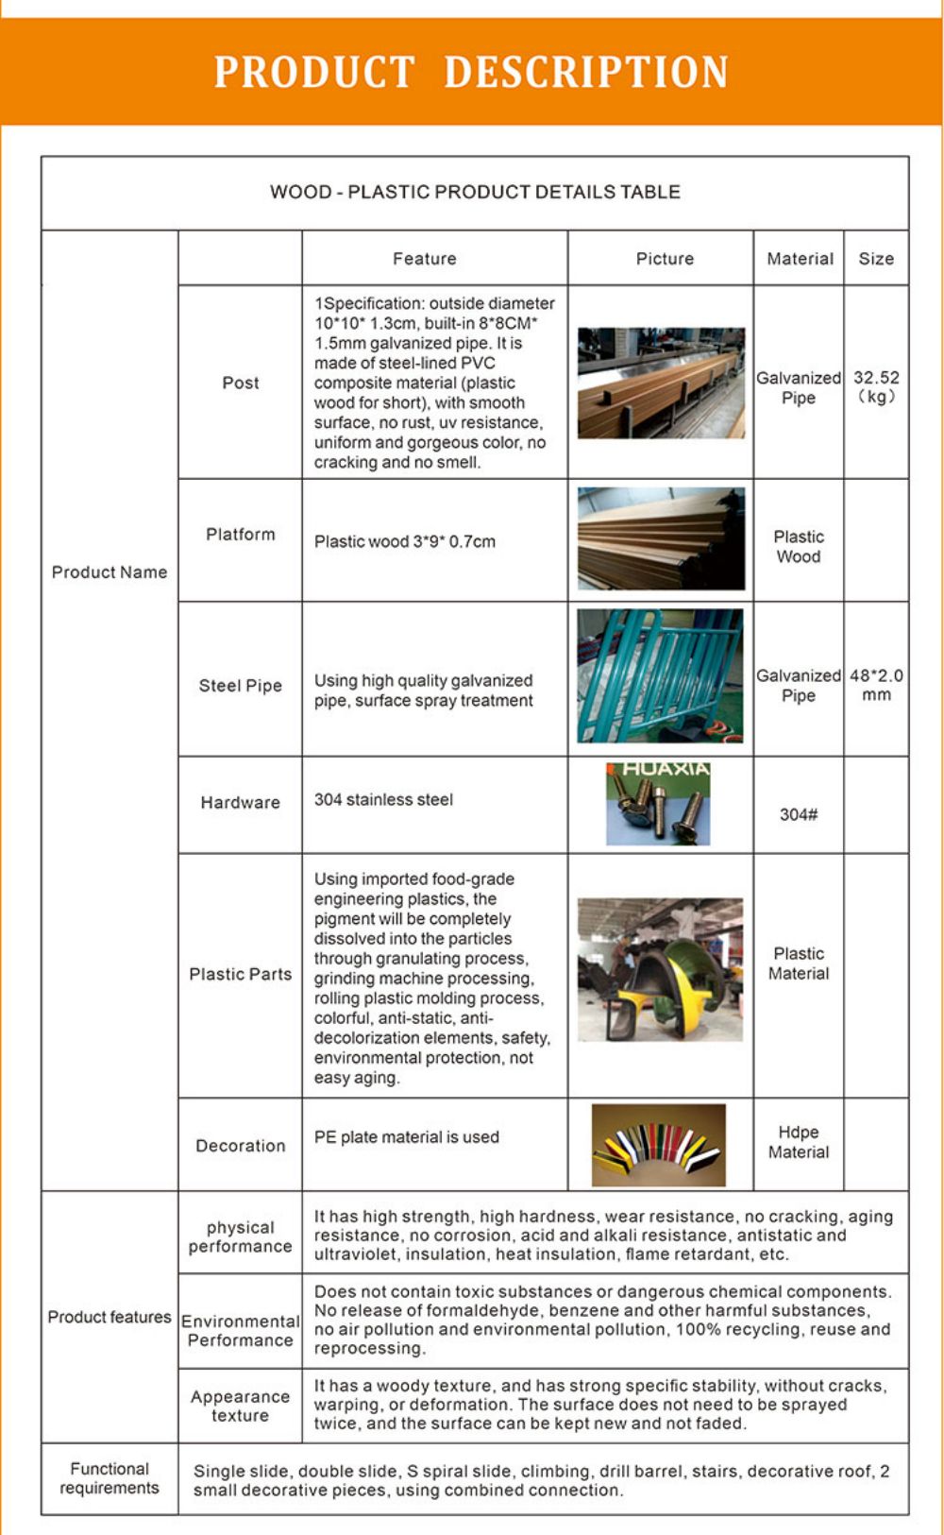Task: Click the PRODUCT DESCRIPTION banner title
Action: point(471,72)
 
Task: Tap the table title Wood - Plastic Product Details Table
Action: point(475,192)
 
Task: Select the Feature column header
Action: point(424,259)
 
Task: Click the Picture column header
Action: point(665,259)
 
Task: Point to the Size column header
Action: point(876,259)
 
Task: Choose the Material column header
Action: point(800,259)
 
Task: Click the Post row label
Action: point(240,383)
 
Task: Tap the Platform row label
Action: point(240,535)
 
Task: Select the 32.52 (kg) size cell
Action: point(876,387)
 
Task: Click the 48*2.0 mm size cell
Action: point(876,685)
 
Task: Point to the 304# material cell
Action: point(799,814)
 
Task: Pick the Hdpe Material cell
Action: point(799,1142)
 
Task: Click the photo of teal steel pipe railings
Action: point(660,676)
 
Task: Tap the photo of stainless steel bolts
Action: point(658,804)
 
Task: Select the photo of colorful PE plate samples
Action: point(658,1145)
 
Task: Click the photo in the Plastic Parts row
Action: point(660,970)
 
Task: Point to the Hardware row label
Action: point(240,803)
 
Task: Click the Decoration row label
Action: point(240,1146)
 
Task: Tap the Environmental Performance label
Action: point(240,1330)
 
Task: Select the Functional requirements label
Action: point(110,1478)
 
